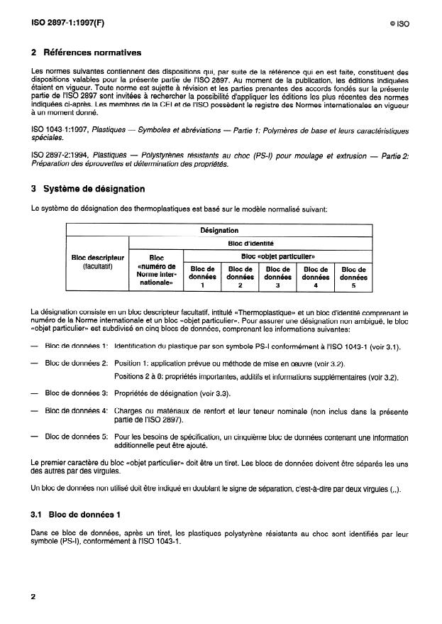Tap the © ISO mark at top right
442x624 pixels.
399,23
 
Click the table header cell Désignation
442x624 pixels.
219,230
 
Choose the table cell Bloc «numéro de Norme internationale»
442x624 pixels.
156,270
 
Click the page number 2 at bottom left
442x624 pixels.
33,597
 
